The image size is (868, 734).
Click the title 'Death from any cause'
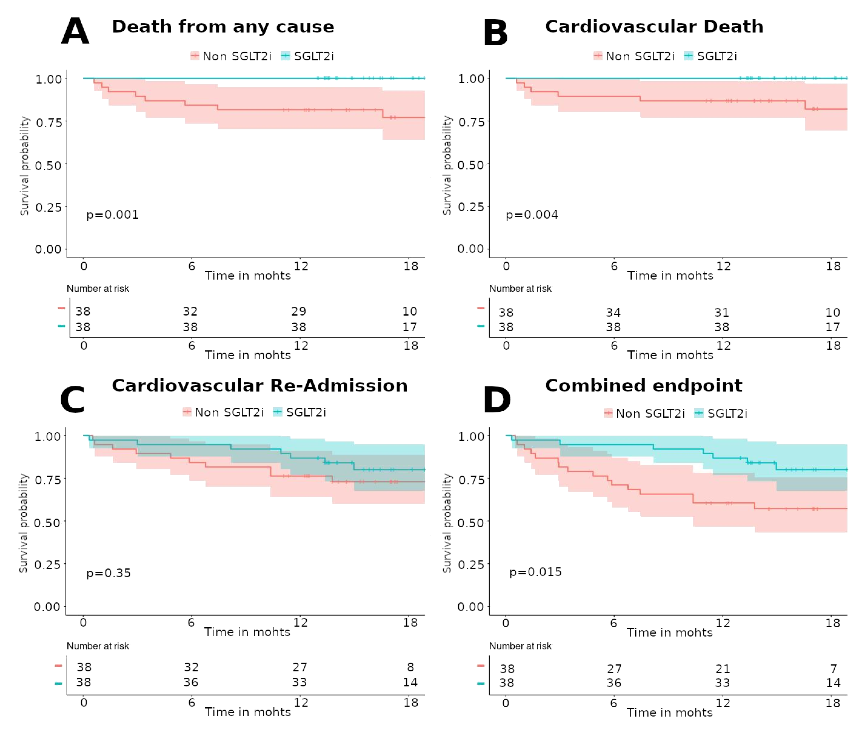223,27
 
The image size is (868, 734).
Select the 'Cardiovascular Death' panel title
654,27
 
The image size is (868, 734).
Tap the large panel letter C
73,399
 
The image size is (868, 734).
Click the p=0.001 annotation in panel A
112,215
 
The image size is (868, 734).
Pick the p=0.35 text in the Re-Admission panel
109,573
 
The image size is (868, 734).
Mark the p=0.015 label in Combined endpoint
536,572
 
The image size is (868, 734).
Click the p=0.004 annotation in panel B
532,215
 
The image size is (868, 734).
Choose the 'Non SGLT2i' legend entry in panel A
236,56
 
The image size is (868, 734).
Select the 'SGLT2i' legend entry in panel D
727,413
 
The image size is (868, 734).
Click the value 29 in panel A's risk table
299,311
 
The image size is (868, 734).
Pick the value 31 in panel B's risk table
722,312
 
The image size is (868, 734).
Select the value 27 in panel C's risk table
299,667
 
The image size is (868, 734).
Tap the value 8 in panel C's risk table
410,667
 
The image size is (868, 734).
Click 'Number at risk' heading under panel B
520,288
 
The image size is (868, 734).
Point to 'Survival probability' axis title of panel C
24,523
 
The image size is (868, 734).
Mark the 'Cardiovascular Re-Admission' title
260,386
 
